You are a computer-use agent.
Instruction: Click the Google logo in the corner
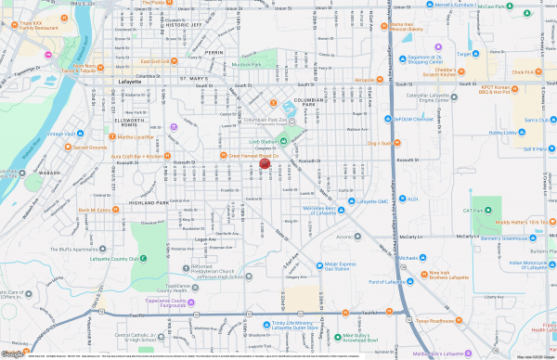coord(12,354)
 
